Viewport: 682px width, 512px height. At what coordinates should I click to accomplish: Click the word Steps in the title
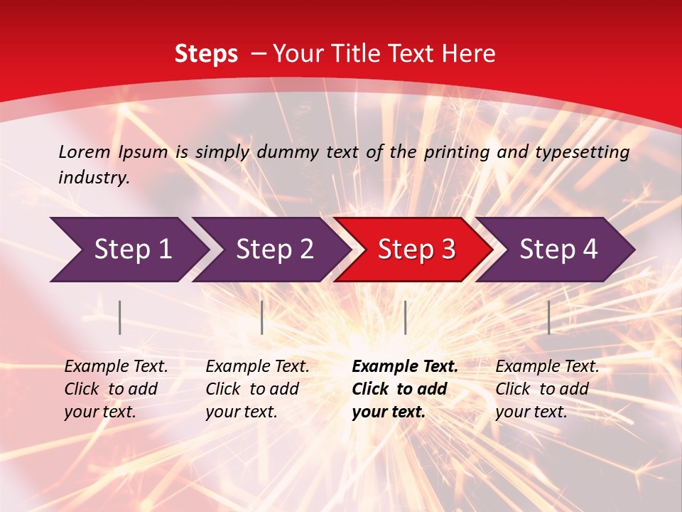[206, 54]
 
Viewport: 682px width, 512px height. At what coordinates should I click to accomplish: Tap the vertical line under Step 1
[120, 317]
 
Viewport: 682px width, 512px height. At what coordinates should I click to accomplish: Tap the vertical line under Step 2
[262, 317]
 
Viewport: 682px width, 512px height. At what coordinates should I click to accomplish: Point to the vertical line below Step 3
[405, 317]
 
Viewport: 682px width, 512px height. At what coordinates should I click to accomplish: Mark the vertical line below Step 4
[548, 317]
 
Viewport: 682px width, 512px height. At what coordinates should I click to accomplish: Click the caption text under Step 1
[116, 389]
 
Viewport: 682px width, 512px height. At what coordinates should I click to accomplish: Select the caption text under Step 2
[257, 389]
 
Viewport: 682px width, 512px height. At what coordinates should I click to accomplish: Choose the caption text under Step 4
[547, 389]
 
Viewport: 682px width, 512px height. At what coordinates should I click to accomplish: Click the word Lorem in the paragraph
[85, 151]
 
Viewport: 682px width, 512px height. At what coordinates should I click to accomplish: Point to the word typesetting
[582, 152]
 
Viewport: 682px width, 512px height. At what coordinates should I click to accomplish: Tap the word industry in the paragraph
[94, 178]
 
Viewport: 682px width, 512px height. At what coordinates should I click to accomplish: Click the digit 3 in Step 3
[448, 250]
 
